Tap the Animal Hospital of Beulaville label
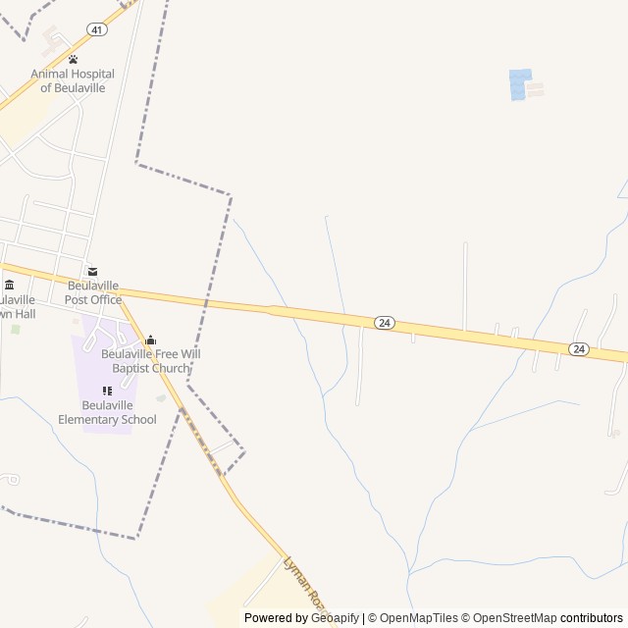click(73, 80)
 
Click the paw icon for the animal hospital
click(73, 60)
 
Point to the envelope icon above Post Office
click(92, 272)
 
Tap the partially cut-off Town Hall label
click(18, 306)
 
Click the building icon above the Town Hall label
click(10, 286)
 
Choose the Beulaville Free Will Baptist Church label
click(150, 360)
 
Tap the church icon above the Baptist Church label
click(150, 340)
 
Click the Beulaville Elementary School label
click(107, 412)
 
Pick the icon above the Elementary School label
click(107, 392)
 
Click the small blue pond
click(519, 84)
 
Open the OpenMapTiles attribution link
click(419, 618)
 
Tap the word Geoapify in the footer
click(336, 618)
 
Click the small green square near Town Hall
click(15, 329)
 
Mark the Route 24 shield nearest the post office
click(385, 322)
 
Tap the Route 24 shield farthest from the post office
click(579, 348)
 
